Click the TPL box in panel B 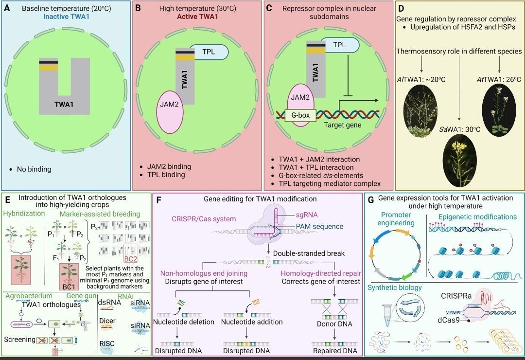(x=209, y=52)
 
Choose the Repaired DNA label (x=334, y=351)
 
